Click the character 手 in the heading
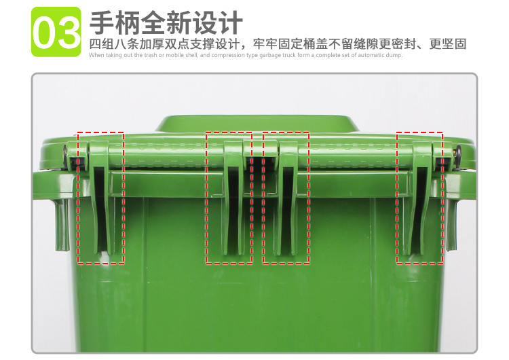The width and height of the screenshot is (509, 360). (x=104, y=22)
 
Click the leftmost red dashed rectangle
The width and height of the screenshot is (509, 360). (x=101, y=198)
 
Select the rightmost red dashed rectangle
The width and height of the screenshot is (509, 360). (x=420, y=198)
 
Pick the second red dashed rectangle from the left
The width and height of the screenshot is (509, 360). (x=229, y=198)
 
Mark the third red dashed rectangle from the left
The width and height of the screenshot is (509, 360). (x=286, y=198)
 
